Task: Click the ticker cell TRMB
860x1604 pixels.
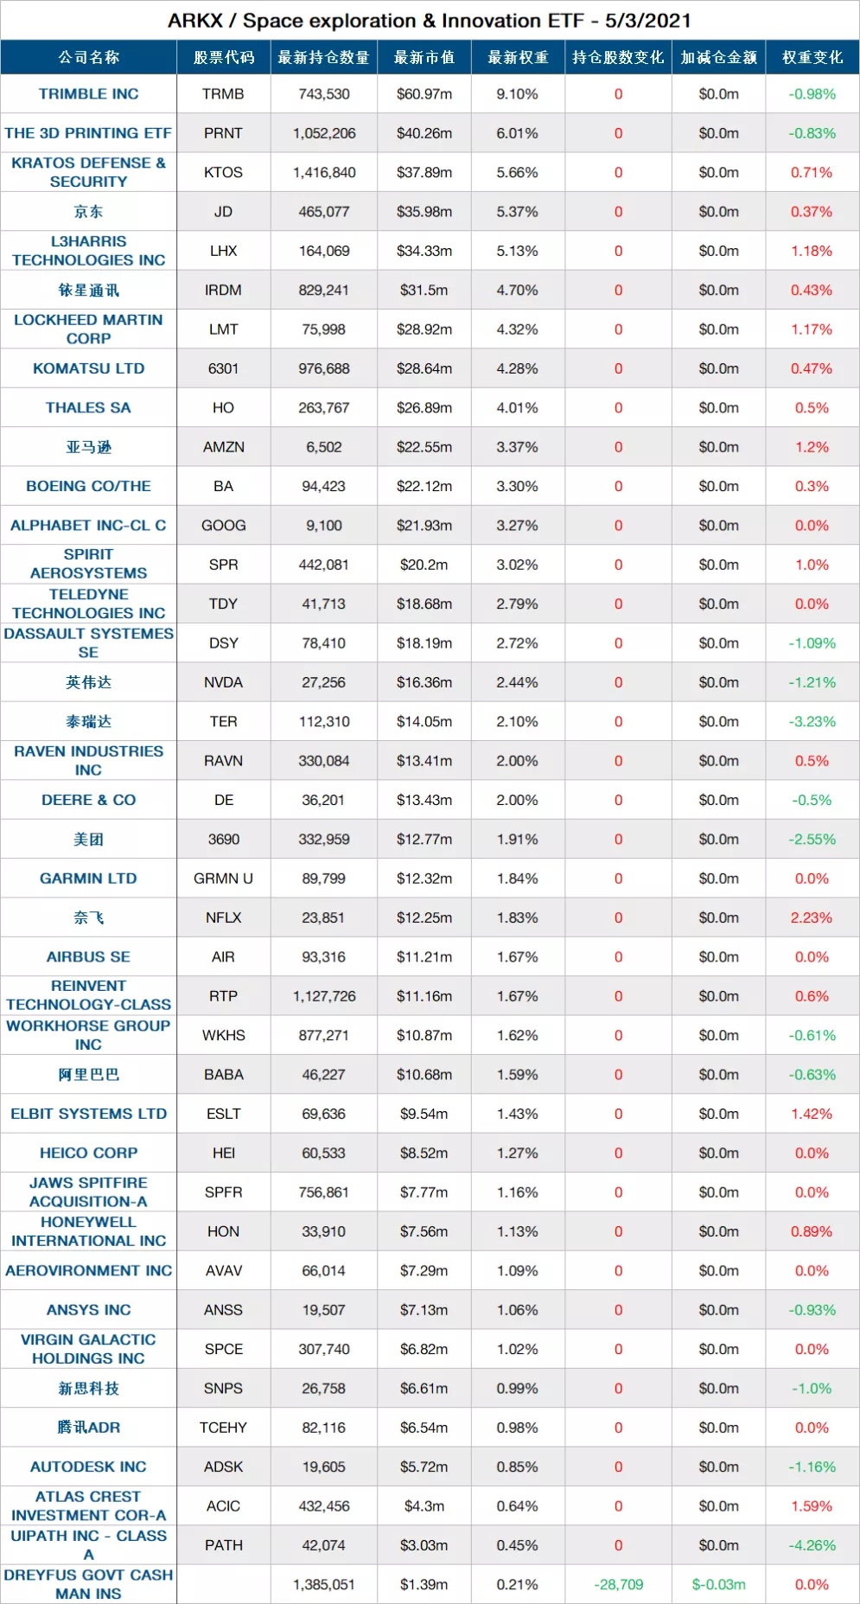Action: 223,94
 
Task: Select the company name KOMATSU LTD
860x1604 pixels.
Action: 88,368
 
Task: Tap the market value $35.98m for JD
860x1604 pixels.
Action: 424,212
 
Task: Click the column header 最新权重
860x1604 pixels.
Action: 518,58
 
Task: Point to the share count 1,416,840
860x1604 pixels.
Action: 324,173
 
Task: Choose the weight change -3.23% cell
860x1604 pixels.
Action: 812,722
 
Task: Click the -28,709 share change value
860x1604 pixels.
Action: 618,1584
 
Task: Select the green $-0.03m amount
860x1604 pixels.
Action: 718,1584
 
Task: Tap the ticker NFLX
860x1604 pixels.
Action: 223,917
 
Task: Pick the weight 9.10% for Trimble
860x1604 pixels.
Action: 517,94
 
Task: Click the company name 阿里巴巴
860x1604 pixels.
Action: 88,1075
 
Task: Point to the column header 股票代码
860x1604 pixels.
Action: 224,58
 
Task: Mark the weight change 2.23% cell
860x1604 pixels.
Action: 812,917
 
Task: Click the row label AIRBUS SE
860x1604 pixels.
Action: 88,957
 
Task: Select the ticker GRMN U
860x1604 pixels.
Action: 223,879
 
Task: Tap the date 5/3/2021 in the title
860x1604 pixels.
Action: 647,21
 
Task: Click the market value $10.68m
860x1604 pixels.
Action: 424,1075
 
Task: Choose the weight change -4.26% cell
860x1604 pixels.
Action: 812,1545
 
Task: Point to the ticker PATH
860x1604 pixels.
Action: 223,1545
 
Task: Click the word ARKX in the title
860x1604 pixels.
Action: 195,21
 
